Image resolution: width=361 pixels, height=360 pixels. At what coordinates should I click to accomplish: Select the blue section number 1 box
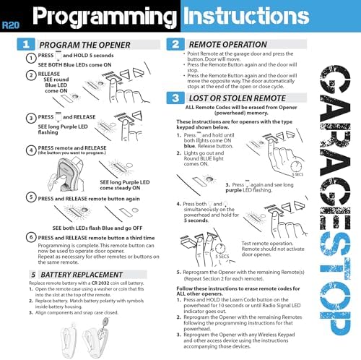[25, 45]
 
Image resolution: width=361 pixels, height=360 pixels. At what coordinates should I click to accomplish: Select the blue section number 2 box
[175, 44]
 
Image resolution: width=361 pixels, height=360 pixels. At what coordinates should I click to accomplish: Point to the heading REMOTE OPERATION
[234, 44]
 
